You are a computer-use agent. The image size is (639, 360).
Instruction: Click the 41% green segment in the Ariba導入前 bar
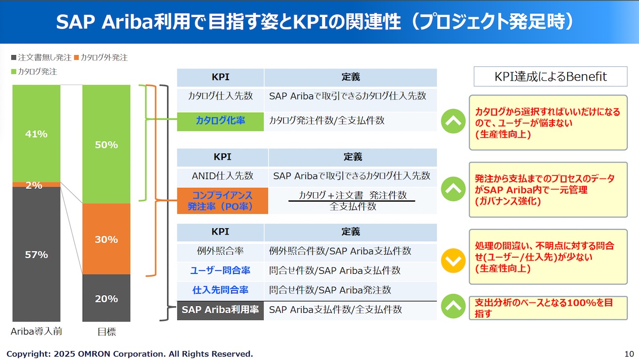pos(36,133)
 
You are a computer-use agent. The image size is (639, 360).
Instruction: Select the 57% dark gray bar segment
pos(36,254)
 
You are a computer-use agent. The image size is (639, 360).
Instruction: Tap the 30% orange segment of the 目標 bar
pos(106,239)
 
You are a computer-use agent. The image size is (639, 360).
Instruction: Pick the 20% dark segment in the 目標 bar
pos(106,298)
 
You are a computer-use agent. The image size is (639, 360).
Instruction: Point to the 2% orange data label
pos(34,185)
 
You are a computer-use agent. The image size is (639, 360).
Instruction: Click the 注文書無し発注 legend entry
pos(41,58)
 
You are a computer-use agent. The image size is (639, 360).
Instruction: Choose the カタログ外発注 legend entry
pos(101,58)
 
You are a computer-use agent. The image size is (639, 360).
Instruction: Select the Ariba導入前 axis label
pos(36,331)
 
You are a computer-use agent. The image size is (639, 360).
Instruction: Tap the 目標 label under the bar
pos(107,331)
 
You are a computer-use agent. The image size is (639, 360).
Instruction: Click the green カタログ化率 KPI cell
pos(220,121)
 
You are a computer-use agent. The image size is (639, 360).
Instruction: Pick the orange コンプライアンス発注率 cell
pos(223,201)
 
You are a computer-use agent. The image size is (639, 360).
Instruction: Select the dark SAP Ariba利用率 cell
pos(220,310)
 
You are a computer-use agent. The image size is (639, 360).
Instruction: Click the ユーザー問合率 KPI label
pos(220,270)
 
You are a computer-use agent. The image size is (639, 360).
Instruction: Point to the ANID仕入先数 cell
pos(223,176)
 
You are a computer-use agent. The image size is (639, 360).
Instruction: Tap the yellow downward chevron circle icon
pos(453,261)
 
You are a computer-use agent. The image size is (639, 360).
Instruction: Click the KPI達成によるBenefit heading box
pos(551,77)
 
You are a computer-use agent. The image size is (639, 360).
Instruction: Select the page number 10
pos(629,354)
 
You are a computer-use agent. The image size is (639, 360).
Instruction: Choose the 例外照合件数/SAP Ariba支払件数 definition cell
pos(350,252)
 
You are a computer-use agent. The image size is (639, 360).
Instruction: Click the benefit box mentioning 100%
pos(548,308)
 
